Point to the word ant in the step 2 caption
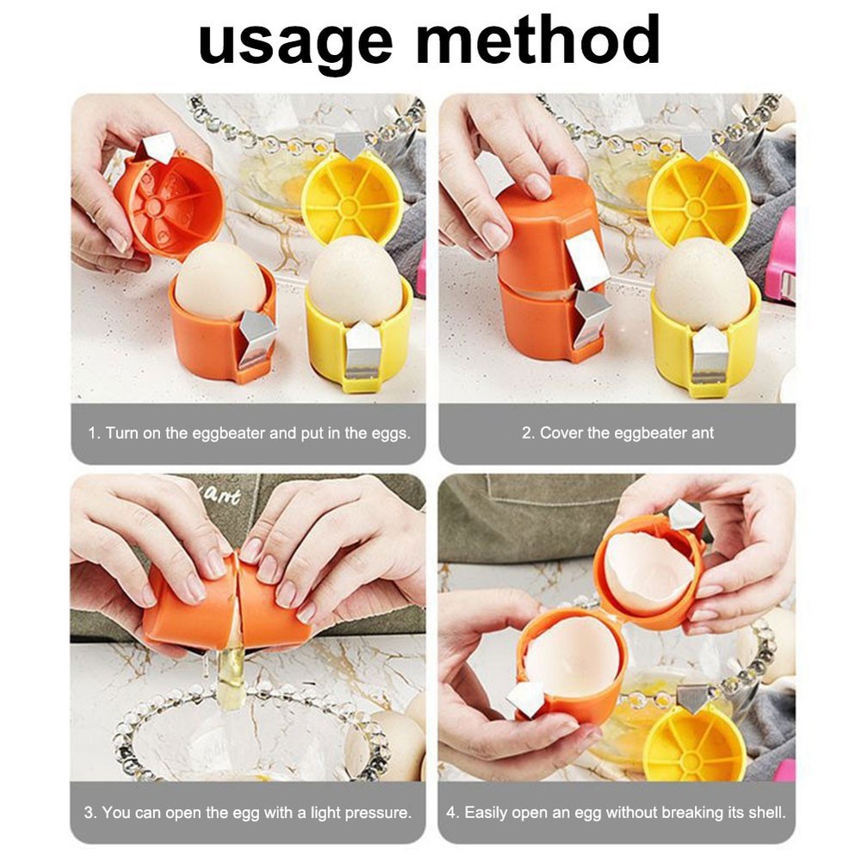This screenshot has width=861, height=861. (x=703, y=433)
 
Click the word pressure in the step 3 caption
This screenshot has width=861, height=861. (x=376, y=812)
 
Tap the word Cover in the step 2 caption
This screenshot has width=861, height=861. (x=561, y=433)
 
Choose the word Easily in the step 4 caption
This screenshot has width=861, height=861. (x=489, y=812)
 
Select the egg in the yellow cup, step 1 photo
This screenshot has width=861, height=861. (x=355, y=280)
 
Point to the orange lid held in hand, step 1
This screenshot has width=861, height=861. (x=168, y=202)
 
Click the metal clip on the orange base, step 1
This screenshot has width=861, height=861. (x=257, y=336)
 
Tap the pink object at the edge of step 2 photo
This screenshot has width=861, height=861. (x=781, y=258)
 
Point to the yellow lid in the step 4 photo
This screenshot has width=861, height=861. (x=694, y=742)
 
